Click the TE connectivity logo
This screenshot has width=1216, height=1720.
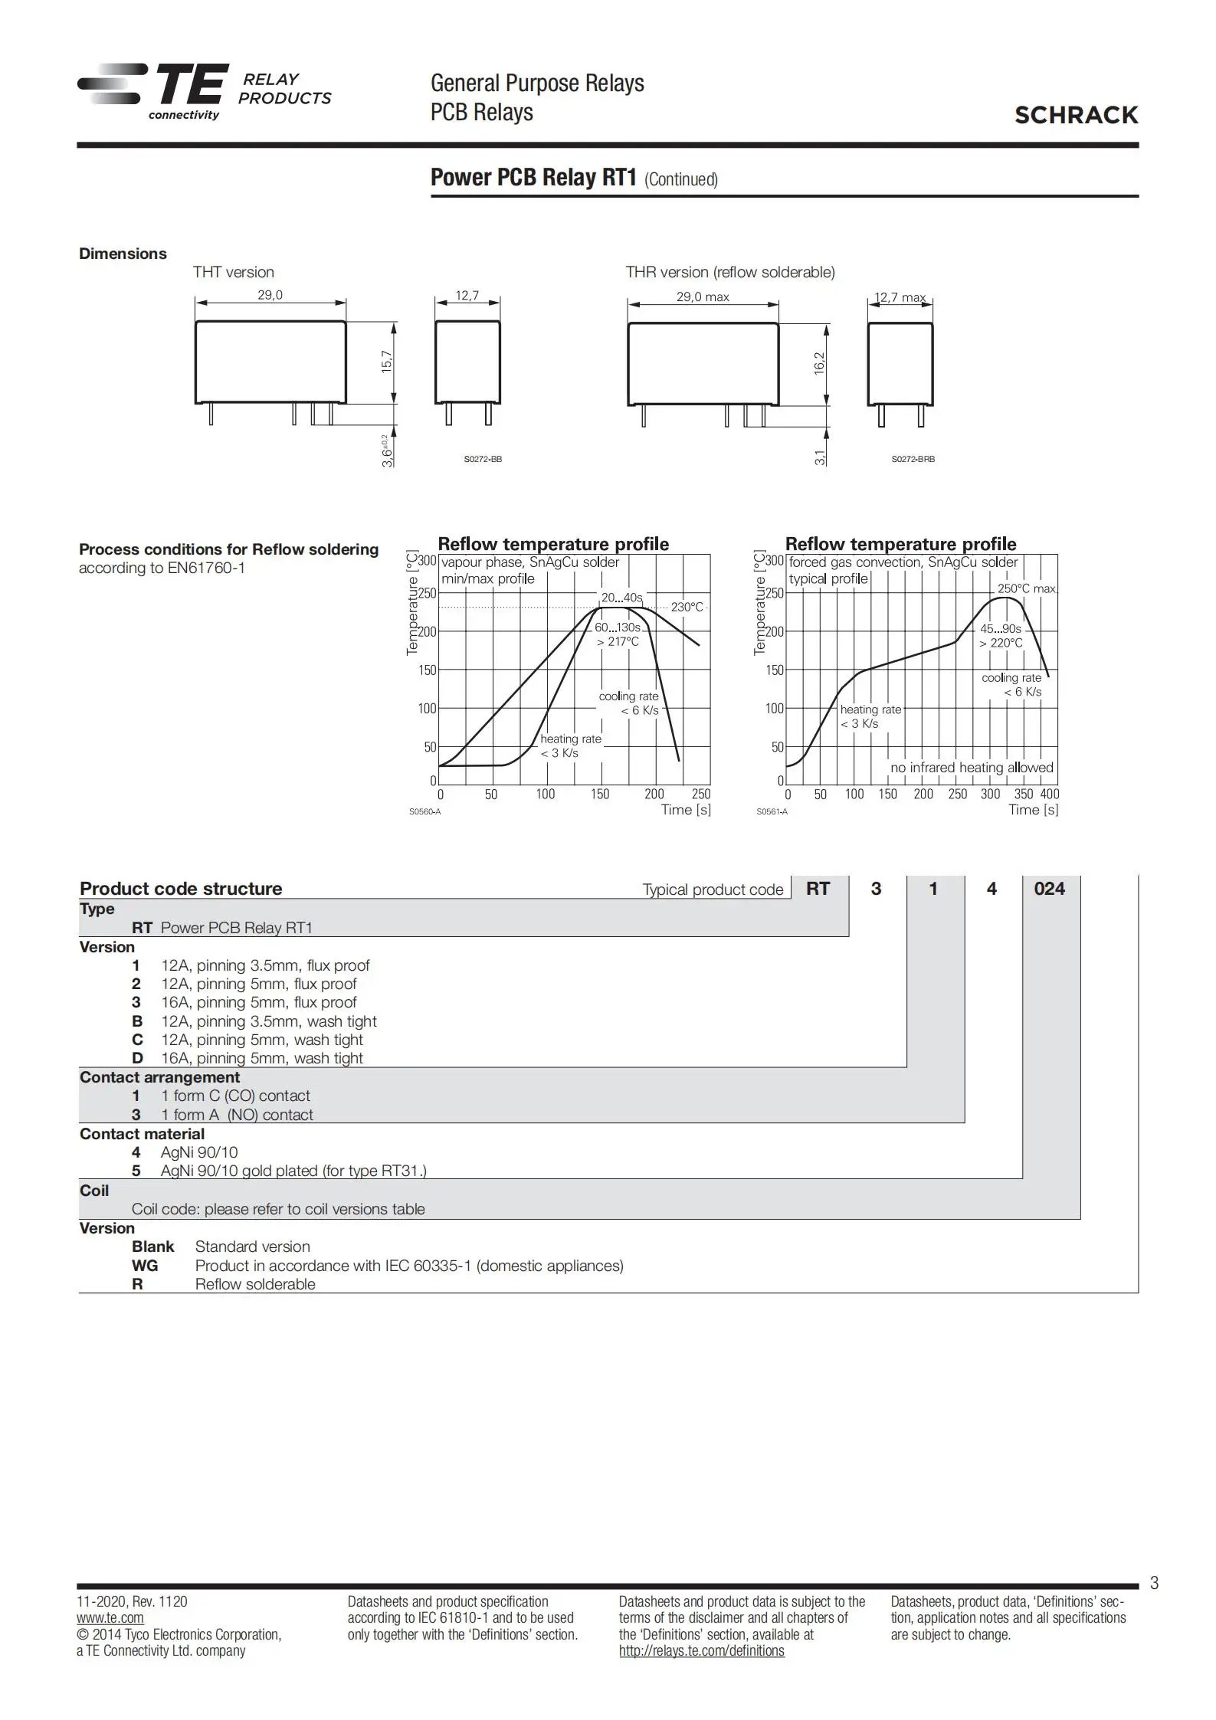coord(153,90)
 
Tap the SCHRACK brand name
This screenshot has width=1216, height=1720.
coord(1076,115)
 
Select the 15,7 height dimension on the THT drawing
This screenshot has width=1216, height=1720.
coord(387,361)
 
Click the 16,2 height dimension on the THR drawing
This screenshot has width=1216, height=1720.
coord(819,362)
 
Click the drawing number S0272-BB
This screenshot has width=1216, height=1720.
coord(483,459)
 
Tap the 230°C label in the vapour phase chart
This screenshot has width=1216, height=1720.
coord(687,607)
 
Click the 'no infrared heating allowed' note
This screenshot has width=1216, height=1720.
coord(972,768)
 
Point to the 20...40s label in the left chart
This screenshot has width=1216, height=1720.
coord(621,598)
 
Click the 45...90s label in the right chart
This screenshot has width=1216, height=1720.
coord(1001,629)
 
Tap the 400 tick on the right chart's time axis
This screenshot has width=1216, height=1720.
coord(1049,794)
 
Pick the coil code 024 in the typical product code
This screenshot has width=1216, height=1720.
coord(1049,889)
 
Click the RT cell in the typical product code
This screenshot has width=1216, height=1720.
coord(818,889)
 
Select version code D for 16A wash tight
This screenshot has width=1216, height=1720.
coord(137,1058)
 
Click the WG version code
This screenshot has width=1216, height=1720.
coord(145,1266)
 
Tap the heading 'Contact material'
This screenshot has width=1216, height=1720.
coord(142,1134)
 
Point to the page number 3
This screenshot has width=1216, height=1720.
coord(1154,1583)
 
